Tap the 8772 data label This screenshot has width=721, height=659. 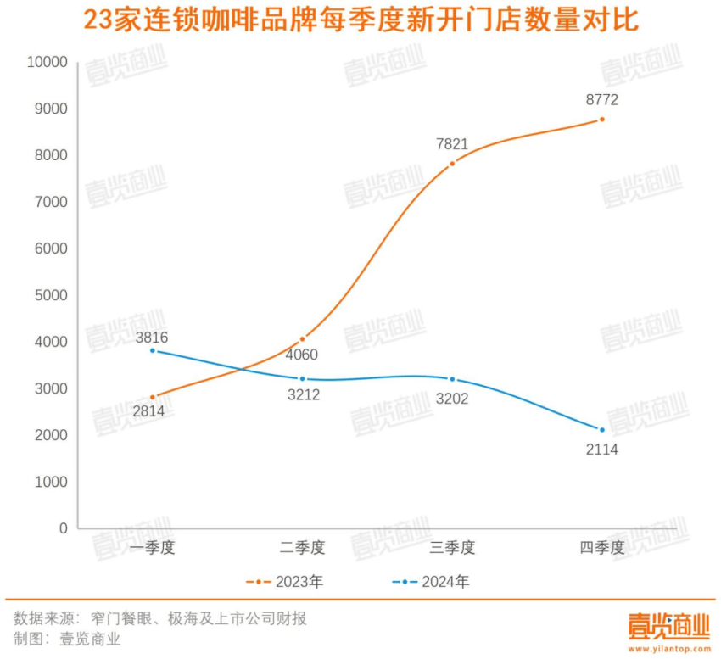(x=602, y=99)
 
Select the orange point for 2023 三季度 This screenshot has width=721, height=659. (x=452, y=163)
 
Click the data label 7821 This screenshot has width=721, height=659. (x=452, y=144)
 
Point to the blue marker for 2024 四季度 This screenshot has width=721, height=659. (x=602, y=429)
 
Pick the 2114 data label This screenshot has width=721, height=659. (x=602, y=450)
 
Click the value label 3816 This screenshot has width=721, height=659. (x=152, y=337)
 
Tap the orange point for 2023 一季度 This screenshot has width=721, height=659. (x=153, y=397)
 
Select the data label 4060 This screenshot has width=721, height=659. (x=302, y=355)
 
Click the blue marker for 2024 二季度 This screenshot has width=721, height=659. (x=302, y=378)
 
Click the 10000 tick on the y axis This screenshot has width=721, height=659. (x=47, y=62)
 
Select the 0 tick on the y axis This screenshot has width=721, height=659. (x=63, y=528)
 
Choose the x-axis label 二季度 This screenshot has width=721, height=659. (x=302, y=548)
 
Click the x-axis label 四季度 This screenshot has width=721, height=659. (x=602, y=548)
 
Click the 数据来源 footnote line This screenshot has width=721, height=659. (x=160, y=617)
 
